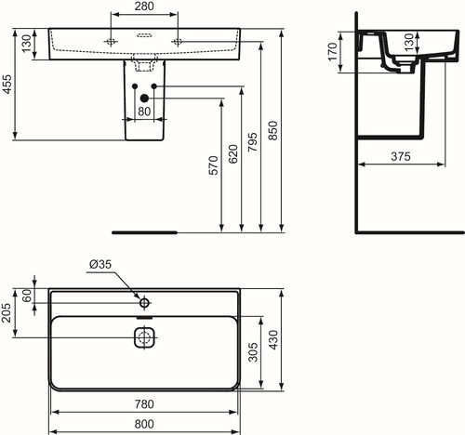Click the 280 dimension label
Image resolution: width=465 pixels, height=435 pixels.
[x=144, y=7]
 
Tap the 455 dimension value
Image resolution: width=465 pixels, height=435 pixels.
[x=7, y=84]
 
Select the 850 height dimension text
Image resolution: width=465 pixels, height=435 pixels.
[x=272, y=130]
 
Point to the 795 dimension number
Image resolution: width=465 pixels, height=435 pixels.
[x=253, y=142]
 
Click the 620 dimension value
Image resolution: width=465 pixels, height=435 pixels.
[x=233, y=154]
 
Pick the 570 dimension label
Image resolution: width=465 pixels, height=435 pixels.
[x=213, y=165]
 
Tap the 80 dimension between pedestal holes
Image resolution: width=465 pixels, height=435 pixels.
[x=144, y=112]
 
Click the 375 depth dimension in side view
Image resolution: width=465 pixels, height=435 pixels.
[x=401, y=156]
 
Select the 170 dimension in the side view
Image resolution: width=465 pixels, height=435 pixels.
[x=332, y=52]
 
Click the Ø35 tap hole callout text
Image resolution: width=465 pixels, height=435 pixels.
[x=100, y=264]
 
